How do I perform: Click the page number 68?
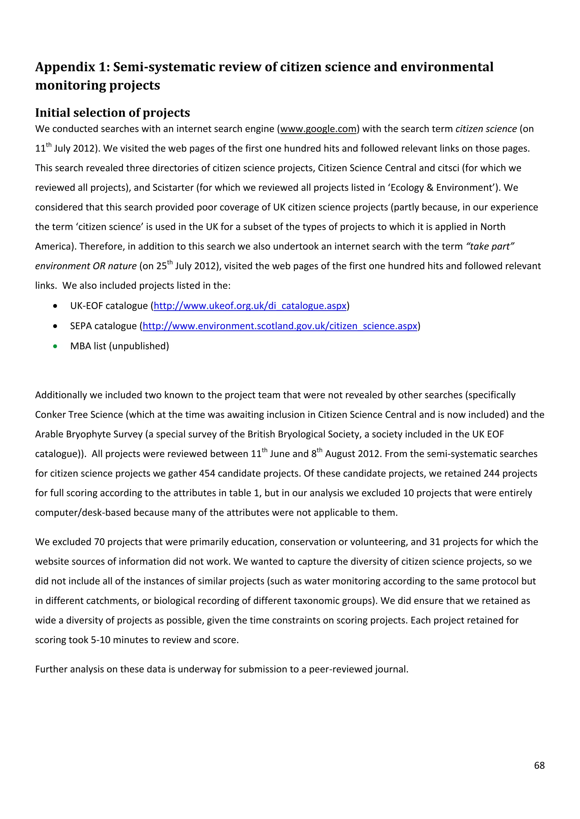pyautogui.click(x=539, y=765)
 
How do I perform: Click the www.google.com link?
pyautogui.click(x=318, y=129)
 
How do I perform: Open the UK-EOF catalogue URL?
pyautogui.click(x=250, y=306)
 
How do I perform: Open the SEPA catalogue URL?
pyautogui.click(x=280, y=326)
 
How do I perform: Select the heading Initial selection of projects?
pyautogui.click(x=112, y=113)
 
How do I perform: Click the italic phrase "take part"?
pyautogui.click(x=490, y=247)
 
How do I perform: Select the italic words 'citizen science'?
pyautogui.click(x=486, y=129)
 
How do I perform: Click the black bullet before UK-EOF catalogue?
pyautogui.click(x=55, y=306)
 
